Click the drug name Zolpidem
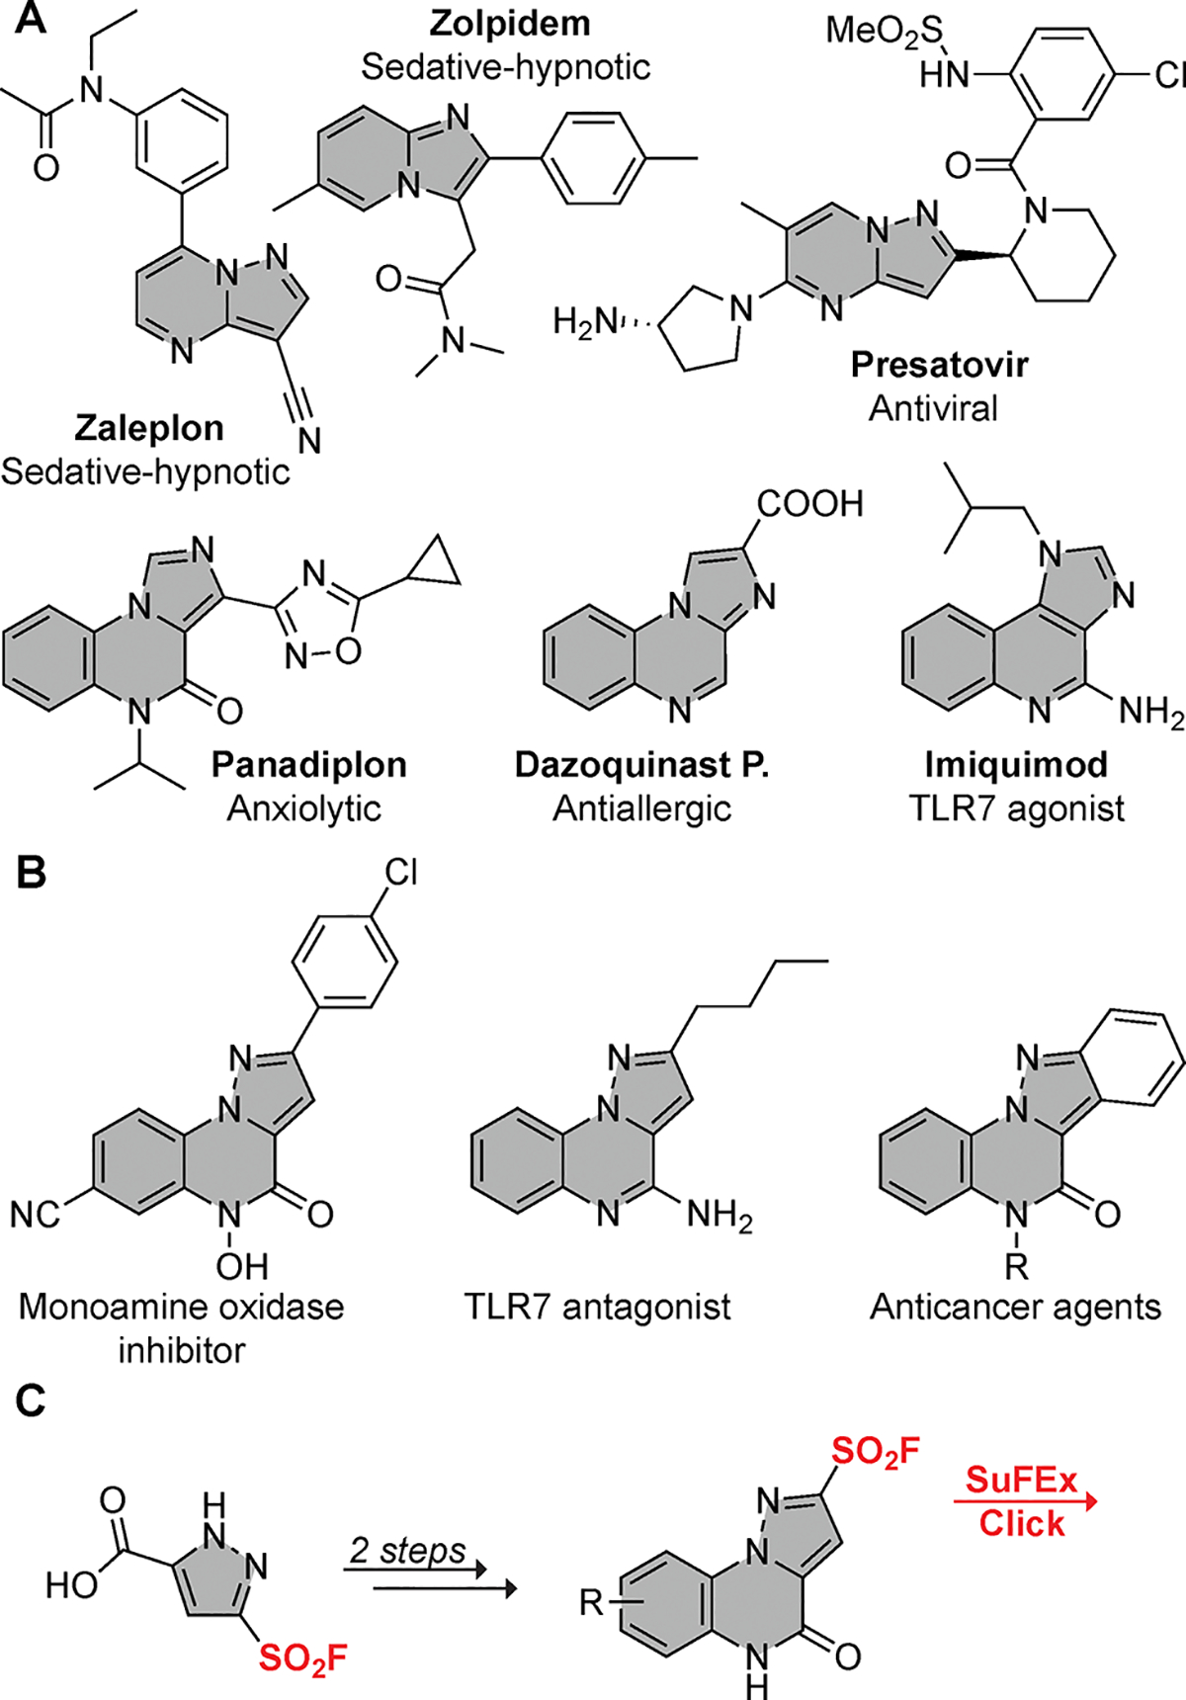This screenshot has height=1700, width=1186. point(511,24)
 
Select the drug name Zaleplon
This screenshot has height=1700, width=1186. point(149,428)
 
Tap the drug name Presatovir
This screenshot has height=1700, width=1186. point(939,365)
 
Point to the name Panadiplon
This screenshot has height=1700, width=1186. point(309,764)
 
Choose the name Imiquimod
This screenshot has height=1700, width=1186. point(1016,764)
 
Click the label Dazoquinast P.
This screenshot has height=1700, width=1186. point(641,764)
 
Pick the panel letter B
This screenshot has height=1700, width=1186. point(31,873)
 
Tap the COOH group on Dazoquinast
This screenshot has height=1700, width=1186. point(809,504)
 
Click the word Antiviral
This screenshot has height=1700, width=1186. point(933,408)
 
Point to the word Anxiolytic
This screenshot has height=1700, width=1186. point(304,808)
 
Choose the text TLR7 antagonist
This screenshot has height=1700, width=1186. point(597,1307)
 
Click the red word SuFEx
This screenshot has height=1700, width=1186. point(1021,1481)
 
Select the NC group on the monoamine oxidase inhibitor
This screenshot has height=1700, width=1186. point(36,1215)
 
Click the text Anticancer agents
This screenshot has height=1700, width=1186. point(1015,1307)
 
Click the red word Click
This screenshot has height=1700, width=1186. point(1022,1523)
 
